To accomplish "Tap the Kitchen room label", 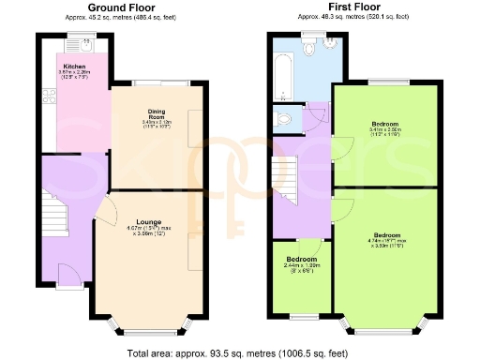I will tap(75, 67).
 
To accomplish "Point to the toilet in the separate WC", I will tap(286, 118).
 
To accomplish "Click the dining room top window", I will tap(155, 82).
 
